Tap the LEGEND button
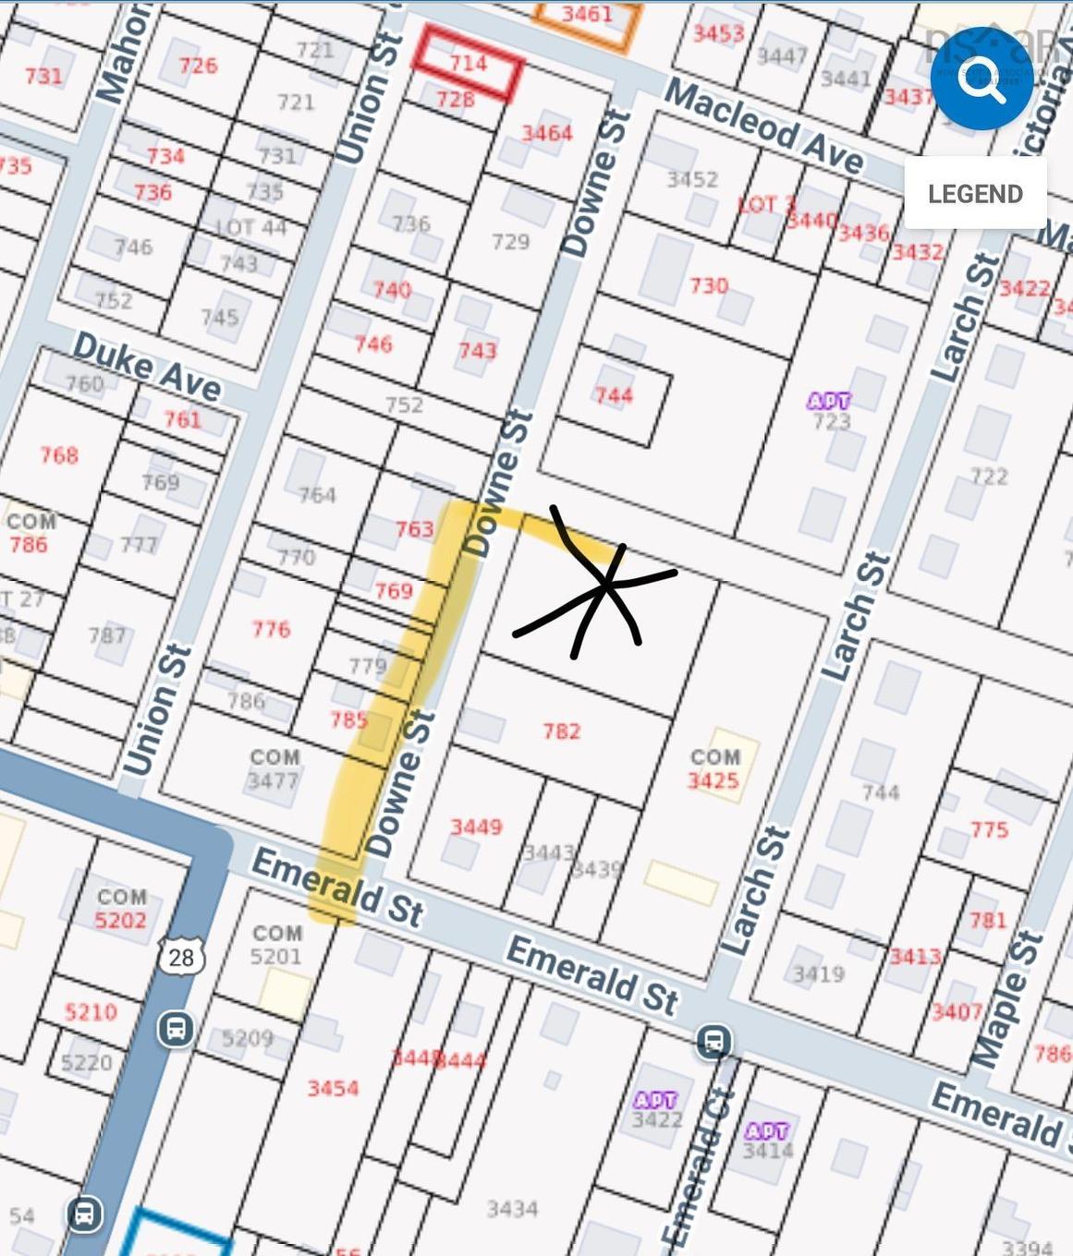pos(975,193)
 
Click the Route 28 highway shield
pos(181,956)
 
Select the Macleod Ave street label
pos(763,127)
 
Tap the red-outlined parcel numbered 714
pos(468,63)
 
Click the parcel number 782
pos(561,731)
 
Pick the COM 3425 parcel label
pos(713,769)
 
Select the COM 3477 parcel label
pos(274,769)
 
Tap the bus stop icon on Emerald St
pos(713,1041)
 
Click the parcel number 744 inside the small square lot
pos(614,396)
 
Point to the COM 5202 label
pos(121,909)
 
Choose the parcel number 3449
pos(476,827)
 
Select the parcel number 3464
pos(547,133)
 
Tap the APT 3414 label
pos(767,1141)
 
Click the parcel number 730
pos(709,285)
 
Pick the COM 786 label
pos(30,533)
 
